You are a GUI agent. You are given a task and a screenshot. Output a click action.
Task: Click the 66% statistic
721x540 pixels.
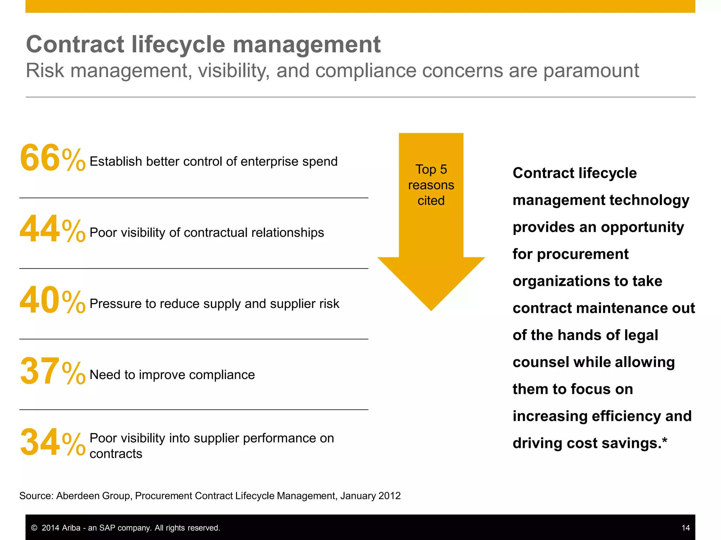tap(52, 158)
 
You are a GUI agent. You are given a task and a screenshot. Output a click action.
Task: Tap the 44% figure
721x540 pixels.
tap(52, 229)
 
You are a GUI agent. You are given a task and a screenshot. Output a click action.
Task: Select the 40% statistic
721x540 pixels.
tap(52, 300)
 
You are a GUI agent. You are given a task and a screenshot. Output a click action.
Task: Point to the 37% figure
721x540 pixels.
tap(52, 371)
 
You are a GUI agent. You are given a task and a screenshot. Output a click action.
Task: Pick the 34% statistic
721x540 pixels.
tap(52, 442)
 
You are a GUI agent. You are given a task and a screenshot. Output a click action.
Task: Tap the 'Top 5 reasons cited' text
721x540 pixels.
tap(431, 185)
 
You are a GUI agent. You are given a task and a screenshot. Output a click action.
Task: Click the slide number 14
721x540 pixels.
tap(685, 528)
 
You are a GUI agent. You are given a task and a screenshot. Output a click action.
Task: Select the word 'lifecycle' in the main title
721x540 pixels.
tap(178, 45)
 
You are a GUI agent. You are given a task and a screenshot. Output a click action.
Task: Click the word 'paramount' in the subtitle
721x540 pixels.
tap(591, 71)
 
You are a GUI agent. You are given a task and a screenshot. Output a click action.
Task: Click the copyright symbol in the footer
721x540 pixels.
tap(34, 528)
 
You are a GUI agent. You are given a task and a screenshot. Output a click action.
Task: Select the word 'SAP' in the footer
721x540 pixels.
tap(107, 528)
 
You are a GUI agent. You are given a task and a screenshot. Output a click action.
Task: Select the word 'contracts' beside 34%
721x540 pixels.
tap(116, 454)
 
